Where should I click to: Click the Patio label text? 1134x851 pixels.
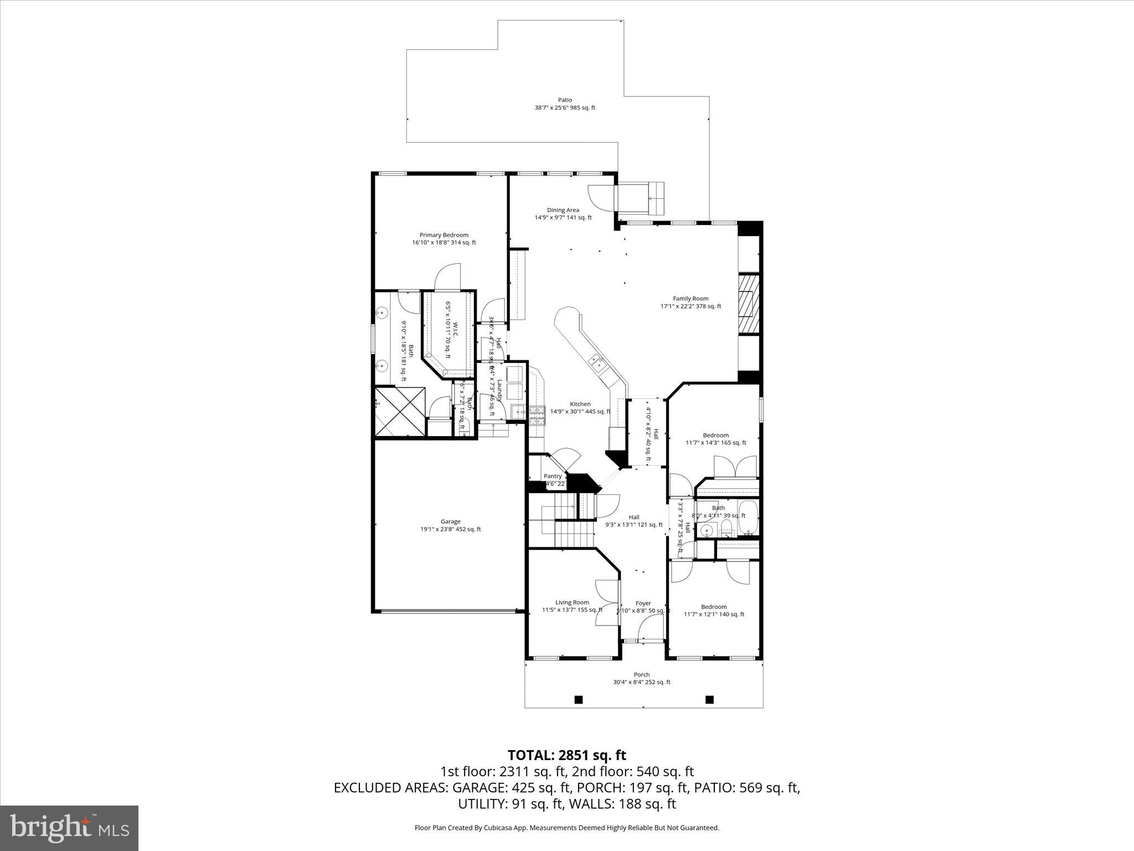[565, 100]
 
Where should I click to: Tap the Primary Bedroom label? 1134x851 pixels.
[444, 235]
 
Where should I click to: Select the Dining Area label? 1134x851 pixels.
[563, 210]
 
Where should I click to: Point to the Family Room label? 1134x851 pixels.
[690, 299]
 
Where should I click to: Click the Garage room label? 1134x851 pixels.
[450, 521]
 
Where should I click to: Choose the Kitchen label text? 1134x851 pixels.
[580, 404]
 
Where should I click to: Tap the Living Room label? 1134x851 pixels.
[572, 602]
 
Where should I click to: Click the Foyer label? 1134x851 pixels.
[643, 603]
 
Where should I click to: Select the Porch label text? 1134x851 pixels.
[642, 675]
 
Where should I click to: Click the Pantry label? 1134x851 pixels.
[553, 476]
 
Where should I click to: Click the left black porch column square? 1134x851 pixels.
[579, 700]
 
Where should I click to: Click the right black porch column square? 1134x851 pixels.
[709, 700]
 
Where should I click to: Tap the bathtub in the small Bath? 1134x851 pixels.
[748, 518]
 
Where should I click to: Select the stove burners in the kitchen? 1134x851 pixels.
[537, 416]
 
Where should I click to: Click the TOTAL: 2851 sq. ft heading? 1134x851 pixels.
[567, 755]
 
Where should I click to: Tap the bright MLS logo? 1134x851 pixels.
[69, 828]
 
